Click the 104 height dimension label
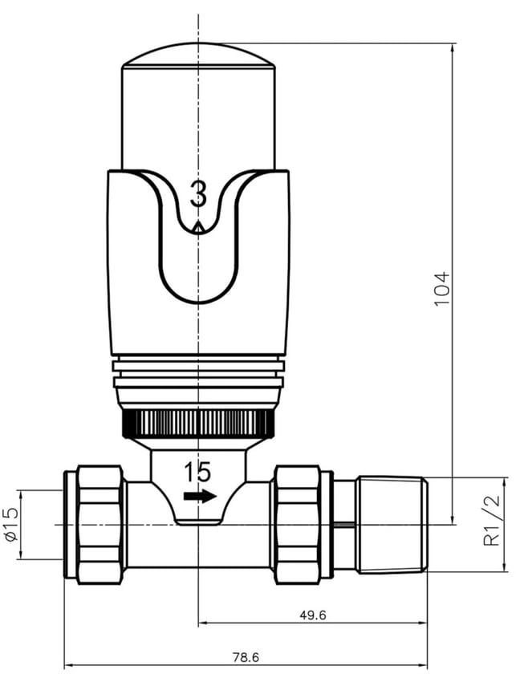click(442, 288)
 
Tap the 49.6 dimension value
click(313, 615)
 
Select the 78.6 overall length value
click(246, 657)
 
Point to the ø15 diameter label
click(12, 525)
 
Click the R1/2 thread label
click(492, 520)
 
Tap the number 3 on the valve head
click(198, 194)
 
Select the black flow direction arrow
click(200, 496)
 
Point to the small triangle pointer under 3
click(198, 227)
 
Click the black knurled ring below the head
click(198, 424)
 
